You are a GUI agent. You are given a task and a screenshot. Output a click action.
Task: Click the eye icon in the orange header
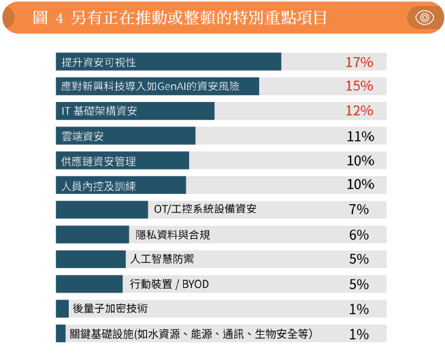click(425, 18)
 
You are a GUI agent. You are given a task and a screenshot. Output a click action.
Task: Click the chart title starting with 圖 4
click(180, 18)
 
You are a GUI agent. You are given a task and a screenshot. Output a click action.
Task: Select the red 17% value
click(359, 62)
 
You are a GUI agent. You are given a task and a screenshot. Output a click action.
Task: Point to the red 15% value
click(359, 86)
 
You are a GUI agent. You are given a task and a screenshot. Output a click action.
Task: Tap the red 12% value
click(359, 111)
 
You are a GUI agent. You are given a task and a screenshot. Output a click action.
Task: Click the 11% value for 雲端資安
click(360, 136)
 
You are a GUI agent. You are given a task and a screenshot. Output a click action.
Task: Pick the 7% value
click(359, 210)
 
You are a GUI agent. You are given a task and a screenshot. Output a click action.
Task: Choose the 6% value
click(359, 235)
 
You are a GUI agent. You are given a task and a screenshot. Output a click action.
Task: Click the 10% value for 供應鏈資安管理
click(360, 161)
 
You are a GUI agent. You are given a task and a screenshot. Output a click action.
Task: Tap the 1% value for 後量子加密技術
click(359, 309)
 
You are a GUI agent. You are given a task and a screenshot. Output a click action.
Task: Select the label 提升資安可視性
click(99, 62)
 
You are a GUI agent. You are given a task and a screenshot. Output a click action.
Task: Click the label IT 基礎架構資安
click(99, 111)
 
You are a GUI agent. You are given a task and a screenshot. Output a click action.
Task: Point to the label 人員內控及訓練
click(99, 186)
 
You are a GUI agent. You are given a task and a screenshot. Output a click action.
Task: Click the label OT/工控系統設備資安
click(205, 210)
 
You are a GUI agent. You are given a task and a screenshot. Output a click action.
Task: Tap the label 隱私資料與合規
click(173, 235)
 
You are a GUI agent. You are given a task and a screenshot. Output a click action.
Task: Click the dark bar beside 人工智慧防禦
click(90, 259)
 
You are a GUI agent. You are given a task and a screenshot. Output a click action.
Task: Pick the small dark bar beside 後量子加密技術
click(62, 309)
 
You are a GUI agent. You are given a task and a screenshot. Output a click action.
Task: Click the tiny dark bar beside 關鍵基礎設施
click(61, 333)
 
